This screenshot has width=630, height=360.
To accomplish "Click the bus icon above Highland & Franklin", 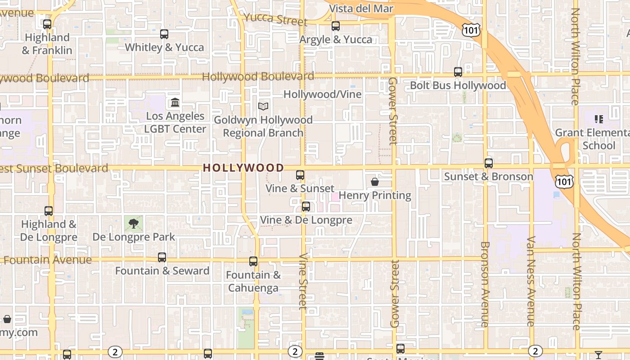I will point(47,24).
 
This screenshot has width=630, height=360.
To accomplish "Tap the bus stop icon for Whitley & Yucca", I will point(164,34).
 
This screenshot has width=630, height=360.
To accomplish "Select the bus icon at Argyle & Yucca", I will point(336,26).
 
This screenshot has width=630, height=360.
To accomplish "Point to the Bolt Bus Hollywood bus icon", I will point(458,72).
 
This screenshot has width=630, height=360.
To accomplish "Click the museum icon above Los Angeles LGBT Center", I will point(175,103).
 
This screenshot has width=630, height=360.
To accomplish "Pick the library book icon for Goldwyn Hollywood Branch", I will point(263,107).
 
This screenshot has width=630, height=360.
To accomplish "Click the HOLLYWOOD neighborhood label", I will point(243,168).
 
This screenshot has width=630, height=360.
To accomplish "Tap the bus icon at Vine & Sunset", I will point(300,175).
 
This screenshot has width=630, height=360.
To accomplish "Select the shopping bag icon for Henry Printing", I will point(375,182).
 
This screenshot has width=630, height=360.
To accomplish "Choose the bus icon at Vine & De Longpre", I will point(306,207).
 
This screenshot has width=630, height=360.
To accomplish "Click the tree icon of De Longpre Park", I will point(134,224).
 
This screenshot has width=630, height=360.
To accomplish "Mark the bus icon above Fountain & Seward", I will point(162,257).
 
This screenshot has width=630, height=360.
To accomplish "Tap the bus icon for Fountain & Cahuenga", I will point(253,261).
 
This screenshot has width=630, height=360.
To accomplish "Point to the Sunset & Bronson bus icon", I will point(489,163).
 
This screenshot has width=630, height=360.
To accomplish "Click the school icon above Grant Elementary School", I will point(599,119).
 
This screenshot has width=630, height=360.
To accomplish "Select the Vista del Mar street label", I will point(361,9).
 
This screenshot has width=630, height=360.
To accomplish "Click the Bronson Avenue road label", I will point(485,284).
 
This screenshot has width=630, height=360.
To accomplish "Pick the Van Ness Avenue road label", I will point(531,281).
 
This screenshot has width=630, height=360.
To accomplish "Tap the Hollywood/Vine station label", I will point(322,94).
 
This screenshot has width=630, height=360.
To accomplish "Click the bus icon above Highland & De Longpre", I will point(49,211).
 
